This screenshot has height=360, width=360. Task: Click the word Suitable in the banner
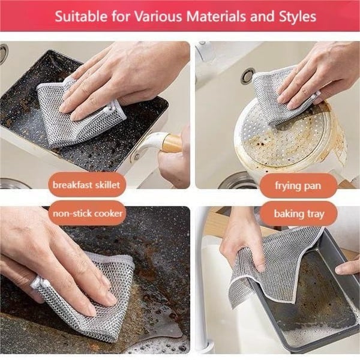pyautogui.click(x=76, y=16)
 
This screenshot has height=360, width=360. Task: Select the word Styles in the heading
pyautogui.click(x=296, y=16)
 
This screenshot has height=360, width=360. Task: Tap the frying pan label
pyautogui.click(x=298, y=185)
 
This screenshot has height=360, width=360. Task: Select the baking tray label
pyautogui.click(x=298, y=213)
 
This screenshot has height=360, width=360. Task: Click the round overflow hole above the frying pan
pyautogui.click(x=247, y=76)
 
